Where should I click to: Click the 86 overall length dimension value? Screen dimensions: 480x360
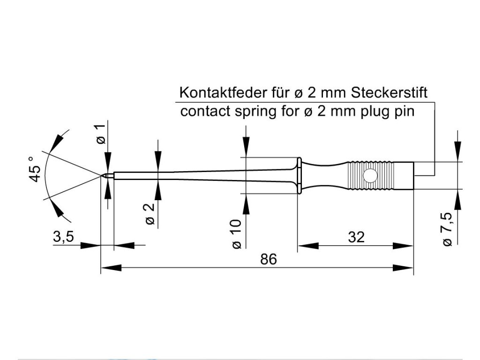pos(269,259)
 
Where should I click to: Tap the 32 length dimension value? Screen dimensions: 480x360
pos(356,237)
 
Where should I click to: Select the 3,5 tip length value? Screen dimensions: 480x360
pos(64,237)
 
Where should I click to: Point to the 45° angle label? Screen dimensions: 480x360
pos(35,169)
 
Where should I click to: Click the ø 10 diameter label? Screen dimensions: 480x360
pos(237,233)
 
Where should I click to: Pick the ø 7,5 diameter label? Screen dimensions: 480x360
pos(447,229)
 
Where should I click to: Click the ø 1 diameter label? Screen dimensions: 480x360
pos(101,134)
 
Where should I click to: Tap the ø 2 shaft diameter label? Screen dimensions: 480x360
pos(150,214)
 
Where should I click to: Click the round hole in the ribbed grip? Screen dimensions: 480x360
pos(370,175)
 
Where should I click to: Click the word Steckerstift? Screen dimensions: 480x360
pos(389,92)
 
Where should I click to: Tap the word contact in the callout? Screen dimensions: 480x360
pos(205,111)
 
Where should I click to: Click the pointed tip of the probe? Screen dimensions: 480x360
pos(101,175)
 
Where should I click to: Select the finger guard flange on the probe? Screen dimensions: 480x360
pos(300,175)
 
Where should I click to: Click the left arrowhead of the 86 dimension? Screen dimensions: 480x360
pos(111,268)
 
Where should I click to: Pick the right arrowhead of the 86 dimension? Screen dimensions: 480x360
pos(403,268)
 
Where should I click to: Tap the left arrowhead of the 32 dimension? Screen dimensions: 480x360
pos(308,246)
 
